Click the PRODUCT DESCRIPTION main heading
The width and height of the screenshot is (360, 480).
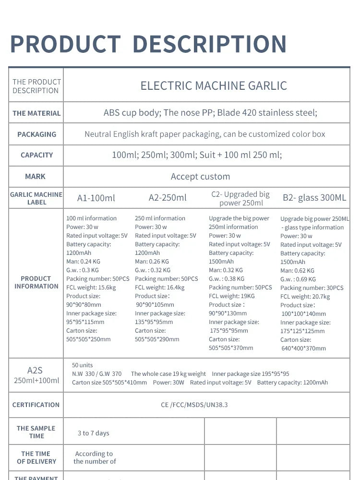pyautogui.click(x=148, y=45)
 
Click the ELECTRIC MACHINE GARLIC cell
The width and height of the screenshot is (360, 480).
pyautogui.click(x=214, y=86)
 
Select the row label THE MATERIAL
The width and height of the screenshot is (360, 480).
pyautogui.click(x=36, y=113)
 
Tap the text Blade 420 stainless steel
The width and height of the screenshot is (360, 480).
pyautogui.click(x=267, y=113)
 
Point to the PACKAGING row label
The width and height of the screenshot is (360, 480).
pyautogui.click(x=36, y=134)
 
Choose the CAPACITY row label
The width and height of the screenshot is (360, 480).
pyautogui.click(x=36, y=155)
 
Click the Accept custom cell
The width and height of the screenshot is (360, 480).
pyautogui.click(x=200, y=177)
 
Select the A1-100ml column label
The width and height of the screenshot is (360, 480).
pyautogui.click(x=96, y=198)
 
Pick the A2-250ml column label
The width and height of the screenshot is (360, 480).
pyautogui.click(x=168, y=197)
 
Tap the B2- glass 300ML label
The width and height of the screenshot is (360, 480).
pyautogui.click(x=314, y=197)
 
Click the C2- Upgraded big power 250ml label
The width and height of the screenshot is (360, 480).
pyautogui.click(x=240, y=198)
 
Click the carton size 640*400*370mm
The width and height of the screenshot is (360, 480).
pyautogui.click(x=303, y=348)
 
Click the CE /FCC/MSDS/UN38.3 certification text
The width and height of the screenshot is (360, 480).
pyautogui.click(x=194, y=405)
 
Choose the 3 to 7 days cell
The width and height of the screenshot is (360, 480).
pyautogui.click(x=94, y=433)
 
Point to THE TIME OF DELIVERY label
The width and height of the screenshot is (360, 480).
pyautogui.click(x=36, y=457)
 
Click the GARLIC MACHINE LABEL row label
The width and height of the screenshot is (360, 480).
pyautogui.click(x=36, y=198)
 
